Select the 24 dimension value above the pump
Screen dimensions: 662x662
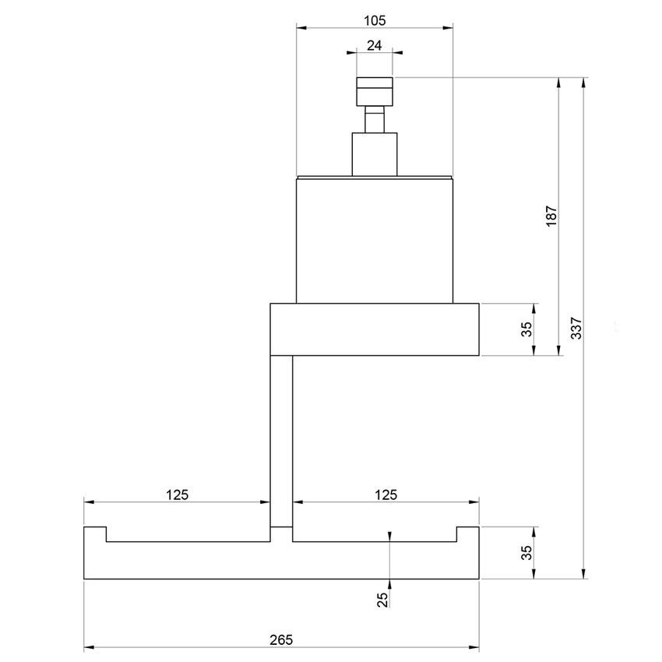374,46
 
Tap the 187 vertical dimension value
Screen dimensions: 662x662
550,215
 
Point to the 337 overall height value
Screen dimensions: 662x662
576,328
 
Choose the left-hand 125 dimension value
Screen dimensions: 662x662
178,495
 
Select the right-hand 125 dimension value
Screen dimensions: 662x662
386,495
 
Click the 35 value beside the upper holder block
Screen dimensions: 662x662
526,329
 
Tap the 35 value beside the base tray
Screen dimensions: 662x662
526,552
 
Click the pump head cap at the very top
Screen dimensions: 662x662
374,90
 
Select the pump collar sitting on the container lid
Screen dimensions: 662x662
374,153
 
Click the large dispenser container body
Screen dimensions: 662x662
374,239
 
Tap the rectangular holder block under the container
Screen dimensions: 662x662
374,329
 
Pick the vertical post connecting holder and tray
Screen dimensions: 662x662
281,440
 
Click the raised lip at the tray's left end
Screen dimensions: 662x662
94,533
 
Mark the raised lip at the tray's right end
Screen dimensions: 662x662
467,533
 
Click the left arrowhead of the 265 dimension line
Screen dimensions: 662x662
88,647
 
